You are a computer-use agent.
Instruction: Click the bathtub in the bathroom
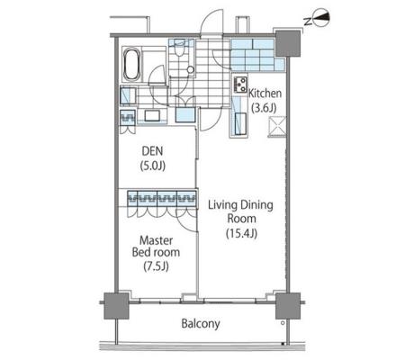(131, 65)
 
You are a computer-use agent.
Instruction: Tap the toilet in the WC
(179, 48)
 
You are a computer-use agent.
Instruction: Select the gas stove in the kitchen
(240, 85)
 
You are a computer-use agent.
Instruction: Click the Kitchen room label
(265, 94)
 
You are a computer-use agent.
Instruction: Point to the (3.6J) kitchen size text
(264, 107)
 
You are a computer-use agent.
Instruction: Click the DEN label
(152, 151)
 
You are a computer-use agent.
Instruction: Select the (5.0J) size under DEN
(153, 166)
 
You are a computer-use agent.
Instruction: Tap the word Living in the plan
(222, 205)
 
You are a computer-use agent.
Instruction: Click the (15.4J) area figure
(241, 233)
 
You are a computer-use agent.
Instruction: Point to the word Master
(157, 240)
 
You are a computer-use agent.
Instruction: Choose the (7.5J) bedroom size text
(156, 266)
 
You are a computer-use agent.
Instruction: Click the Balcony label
(201, 324)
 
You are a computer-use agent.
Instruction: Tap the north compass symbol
(319, 18)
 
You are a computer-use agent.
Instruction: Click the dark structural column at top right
(288, 44)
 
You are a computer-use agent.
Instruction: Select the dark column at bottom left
(116, 306)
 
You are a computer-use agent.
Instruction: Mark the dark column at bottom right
(288, 306)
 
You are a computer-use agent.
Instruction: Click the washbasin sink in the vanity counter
(152, 116)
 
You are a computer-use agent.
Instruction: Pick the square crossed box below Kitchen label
(277, 127)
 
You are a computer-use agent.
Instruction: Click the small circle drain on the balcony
(283, 323)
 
